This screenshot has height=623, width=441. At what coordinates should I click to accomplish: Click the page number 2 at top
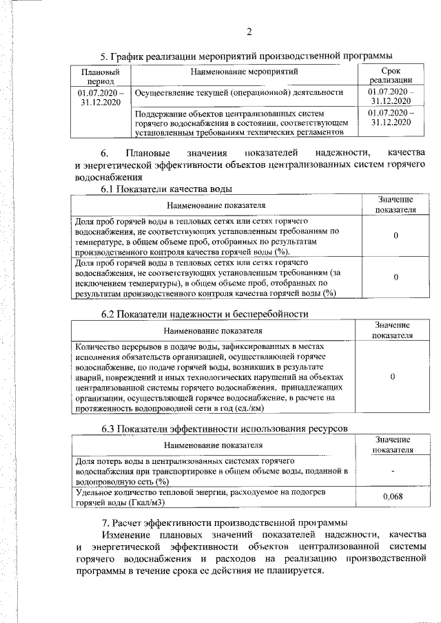point(249,31)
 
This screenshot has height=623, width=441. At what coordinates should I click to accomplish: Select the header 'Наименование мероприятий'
point(244,71)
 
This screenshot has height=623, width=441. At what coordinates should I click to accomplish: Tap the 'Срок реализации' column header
point(390,76)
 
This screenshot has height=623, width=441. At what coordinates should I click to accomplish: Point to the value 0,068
point(392,496)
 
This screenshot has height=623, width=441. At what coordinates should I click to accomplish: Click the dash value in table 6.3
point(392,471)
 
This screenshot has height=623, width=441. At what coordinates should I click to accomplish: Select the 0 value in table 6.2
point(392,377)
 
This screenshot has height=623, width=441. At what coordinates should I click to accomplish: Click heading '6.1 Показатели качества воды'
point(166,189)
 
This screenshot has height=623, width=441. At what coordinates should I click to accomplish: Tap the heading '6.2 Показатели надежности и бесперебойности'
point(204,314)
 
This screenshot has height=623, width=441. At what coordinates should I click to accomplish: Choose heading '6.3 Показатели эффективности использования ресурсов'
point(224,429)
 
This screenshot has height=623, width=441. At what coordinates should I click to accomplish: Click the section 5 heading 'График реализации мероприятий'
point(246,55)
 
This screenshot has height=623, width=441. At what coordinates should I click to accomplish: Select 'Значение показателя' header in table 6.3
point(392,444)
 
